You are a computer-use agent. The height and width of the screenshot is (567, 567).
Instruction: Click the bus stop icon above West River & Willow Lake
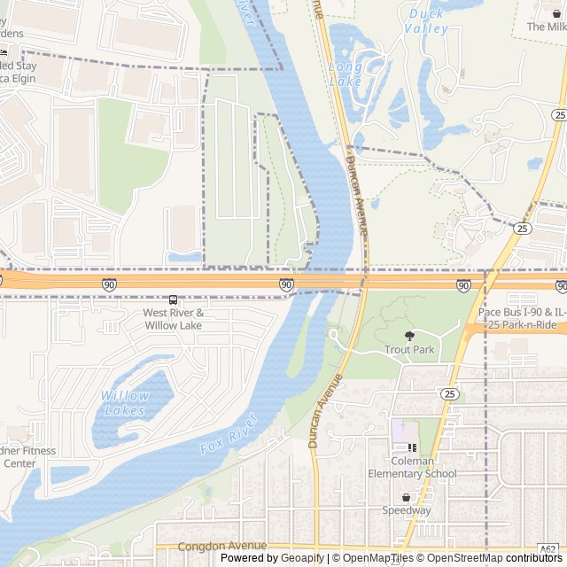point(173,300)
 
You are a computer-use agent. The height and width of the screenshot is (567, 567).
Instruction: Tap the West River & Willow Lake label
point(174,319)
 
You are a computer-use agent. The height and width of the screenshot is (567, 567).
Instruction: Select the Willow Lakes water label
point(125,403)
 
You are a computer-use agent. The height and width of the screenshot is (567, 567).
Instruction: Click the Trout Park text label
point(409,350)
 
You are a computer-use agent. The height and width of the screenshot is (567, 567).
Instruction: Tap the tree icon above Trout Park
point(409,336)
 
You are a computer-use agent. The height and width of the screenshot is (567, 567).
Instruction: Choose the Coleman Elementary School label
point(413,467)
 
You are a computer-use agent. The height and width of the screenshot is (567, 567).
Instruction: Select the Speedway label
point(407,510)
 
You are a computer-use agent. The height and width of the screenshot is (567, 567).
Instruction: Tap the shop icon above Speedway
point(407,497)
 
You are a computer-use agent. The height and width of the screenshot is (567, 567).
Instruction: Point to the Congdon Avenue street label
point(221,547)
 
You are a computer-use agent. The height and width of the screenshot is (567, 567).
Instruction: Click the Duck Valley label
point(426,21)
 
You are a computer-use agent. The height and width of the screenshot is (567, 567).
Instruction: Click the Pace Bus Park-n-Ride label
point(521,319)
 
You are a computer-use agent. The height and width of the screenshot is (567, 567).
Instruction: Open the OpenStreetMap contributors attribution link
point(495,558)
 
